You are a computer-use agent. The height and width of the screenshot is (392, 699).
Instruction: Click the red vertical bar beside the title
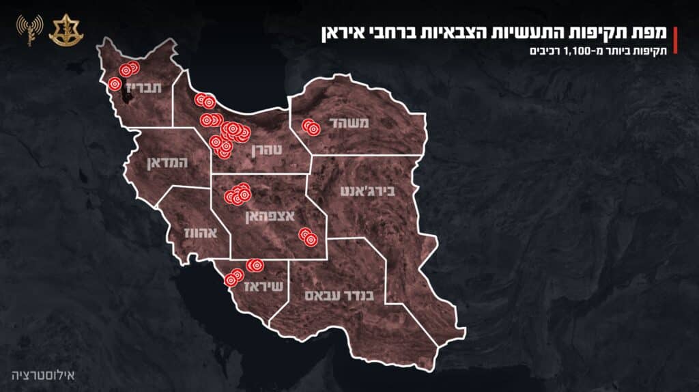coord(675,40)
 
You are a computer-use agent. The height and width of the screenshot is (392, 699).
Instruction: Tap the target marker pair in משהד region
coord(311,128)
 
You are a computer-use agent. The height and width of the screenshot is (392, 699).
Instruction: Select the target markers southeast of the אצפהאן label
coord(308,236)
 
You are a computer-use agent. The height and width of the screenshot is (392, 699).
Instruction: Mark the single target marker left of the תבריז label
coord(115,84)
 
